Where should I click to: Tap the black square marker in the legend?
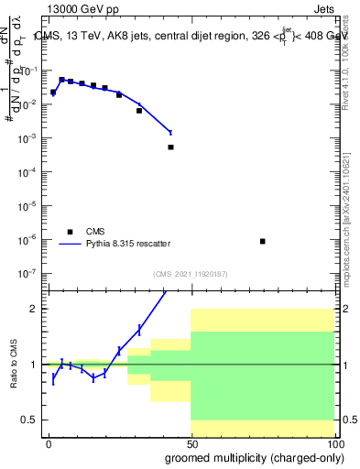point(69,232)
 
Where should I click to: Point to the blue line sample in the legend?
point(69,244)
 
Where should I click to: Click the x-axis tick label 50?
point(191,443)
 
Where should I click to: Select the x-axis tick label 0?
point(49,443)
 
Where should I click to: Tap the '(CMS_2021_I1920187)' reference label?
point(191,273)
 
